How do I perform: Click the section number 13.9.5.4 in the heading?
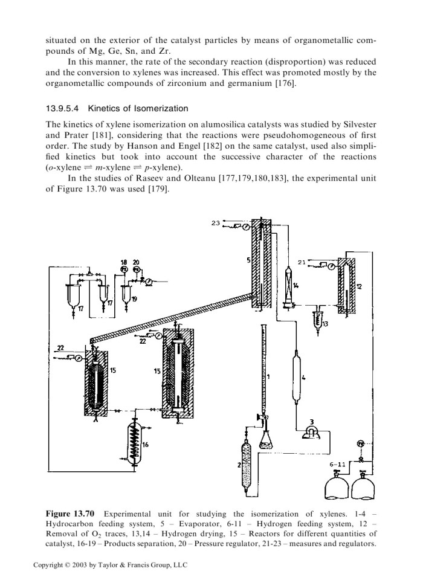[x=63, y=108]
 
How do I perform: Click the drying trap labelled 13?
[x=316, y=318]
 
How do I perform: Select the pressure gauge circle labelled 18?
[x=124, y=268]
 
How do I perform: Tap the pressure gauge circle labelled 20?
[x=136, y=268]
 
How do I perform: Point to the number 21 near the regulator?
[x=309, y=262]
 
